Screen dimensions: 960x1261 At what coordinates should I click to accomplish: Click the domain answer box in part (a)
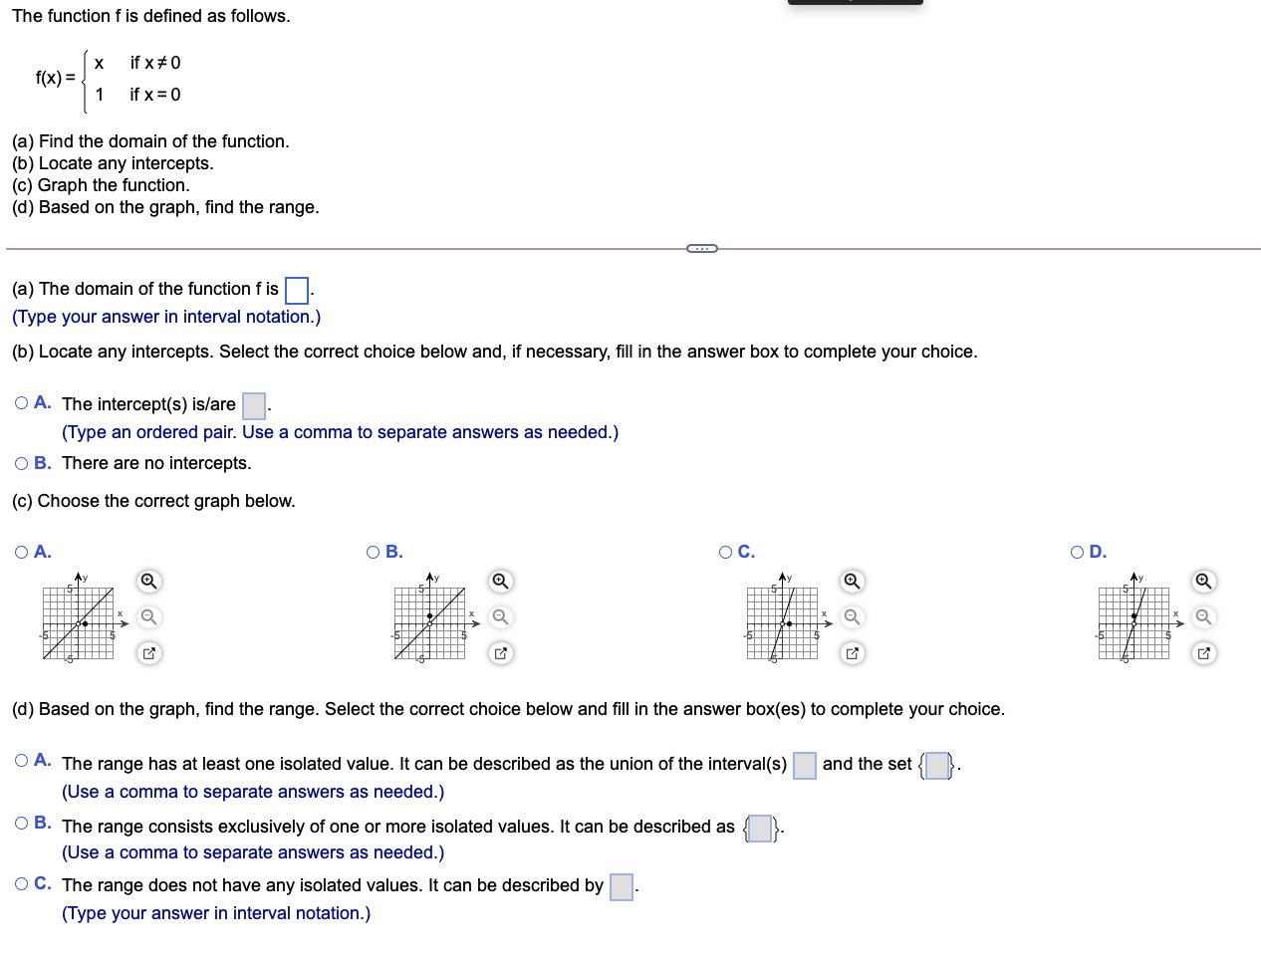click(296, 290)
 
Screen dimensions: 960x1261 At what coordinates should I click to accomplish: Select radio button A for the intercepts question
click(22, 402)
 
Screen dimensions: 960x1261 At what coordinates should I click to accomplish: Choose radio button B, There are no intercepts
click(22, 463)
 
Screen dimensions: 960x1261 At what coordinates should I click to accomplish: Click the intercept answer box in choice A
click(254, 405)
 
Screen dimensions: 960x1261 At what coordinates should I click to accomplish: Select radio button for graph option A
click(22, 552)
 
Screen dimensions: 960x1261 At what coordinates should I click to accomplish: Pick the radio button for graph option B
click(374, 552)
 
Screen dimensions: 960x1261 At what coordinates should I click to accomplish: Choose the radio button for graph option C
click(726, 552)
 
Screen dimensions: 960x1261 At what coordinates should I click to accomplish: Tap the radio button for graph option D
click(1078, 552)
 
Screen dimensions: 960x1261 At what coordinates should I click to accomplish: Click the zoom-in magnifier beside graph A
click(148, 581)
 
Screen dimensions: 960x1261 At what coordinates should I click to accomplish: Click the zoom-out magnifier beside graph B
click(501, 617)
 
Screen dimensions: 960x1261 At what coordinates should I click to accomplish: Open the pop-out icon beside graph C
click(852, 653)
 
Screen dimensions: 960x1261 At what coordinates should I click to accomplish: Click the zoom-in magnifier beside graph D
click(1204, 581)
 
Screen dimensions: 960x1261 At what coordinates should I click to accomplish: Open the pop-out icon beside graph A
click(148, 653)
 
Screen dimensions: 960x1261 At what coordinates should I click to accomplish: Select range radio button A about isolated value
click(22, 761)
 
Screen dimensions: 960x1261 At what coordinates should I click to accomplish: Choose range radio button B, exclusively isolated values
click(22, 823)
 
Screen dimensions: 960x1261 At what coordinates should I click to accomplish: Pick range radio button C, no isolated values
click(22, 883)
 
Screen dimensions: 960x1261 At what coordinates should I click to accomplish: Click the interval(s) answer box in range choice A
click(805, 765)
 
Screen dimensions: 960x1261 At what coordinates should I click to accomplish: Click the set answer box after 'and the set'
click(937, 765)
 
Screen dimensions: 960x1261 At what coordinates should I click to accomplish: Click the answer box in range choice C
click(622, 886)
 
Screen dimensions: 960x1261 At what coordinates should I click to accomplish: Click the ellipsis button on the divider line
click(702, 248)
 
